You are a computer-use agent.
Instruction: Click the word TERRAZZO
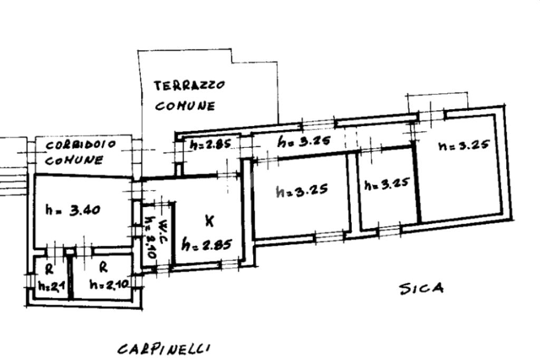tap(190, 85)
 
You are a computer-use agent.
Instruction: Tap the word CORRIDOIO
tap(81, 144)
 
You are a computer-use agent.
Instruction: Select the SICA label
tap(421, 288)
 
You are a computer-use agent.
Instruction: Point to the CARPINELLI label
tap(164, 348)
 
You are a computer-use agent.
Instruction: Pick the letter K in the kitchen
tap(209, 222)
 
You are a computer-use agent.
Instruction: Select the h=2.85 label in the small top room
tap(210, 143)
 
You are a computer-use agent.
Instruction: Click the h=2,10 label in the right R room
tap(109, 285)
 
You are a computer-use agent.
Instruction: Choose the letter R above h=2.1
tap(49, 270)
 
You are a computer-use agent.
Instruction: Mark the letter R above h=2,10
tap(104, 268)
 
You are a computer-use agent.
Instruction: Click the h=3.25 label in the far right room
tap(465, 145)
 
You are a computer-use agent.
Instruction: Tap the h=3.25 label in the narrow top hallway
tap(304, 141)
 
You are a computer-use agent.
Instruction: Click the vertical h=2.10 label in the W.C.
tap(150, 238)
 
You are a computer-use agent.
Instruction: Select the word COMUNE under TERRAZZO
tap(185, 105)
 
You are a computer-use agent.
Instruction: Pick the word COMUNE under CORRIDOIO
tap(74, 160)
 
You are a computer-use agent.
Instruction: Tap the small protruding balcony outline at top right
tap(438, 101)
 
